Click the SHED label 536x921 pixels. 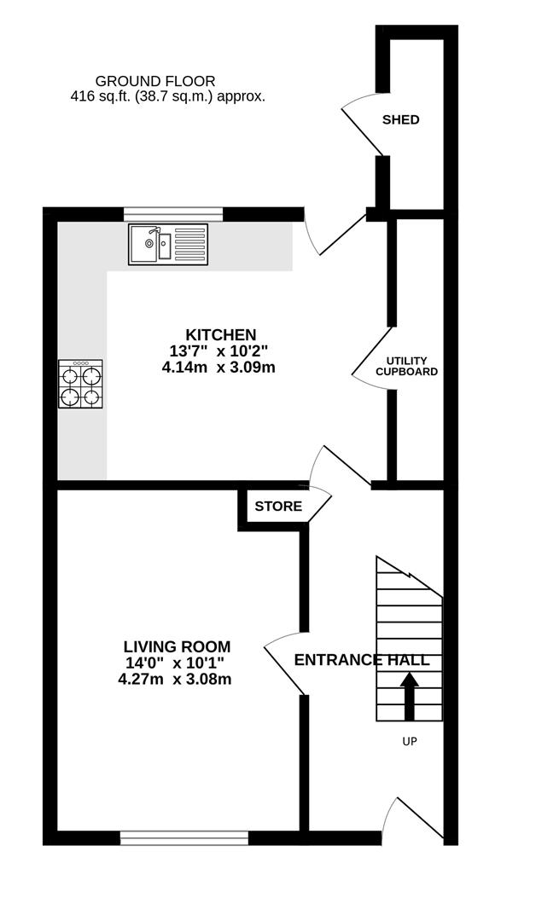coord(400,119)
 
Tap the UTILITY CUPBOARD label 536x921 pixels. coord(406,367)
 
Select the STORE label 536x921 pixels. coord(278,507)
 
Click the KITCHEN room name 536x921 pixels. coord(220,334)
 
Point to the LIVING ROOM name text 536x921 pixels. coord(177,647)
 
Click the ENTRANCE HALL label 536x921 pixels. coord(362,660)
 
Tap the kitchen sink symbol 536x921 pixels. coord(168,244)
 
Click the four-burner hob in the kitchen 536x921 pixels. coord(80,384)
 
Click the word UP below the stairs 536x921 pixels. coord(410,742)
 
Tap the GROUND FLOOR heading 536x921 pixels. coord(155,81)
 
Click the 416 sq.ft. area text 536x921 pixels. coord(167,96)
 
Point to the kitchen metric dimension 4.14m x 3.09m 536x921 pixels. coord(218,368)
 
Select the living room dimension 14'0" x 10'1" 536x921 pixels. coord(175,663)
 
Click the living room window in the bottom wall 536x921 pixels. coord(184,838)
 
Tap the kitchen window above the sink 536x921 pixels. coord(173,213)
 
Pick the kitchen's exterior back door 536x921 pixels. coord(335,233)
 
